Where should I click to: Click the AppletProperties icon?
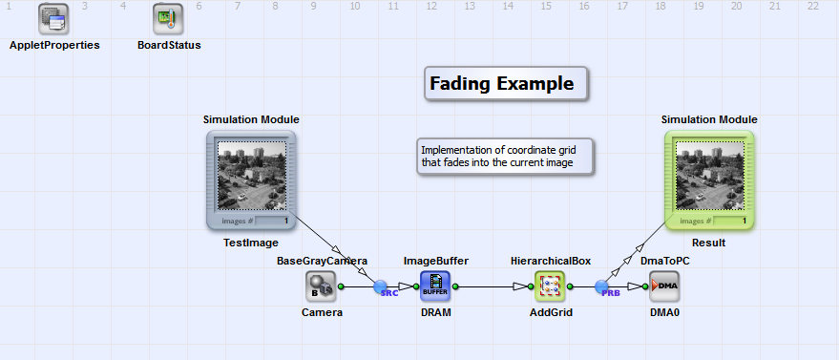53,19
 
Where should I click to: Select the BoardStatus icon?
168,19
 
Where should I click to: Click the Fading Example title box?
506,83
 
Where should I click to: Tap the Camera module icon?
321,286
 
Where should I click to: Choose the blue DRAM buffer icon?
435,286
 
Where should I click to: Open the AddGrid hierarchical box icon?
550,286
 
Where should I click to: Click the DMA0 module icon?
664,286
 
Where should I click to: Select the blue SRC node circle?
380,286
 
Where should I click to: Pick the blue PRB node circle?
601,286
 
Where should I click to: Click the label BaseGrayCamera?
322,261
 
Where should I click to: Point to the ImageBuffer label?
436,261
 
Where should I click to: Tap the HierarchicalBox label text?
551,261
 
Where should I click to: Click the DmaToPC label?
665,261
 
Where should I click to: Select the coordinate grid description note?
505,157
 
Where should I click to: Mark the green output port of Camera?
342,286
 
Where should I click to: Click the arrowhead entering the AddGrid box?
521,286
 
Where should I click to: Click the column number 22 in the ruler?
813,7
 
